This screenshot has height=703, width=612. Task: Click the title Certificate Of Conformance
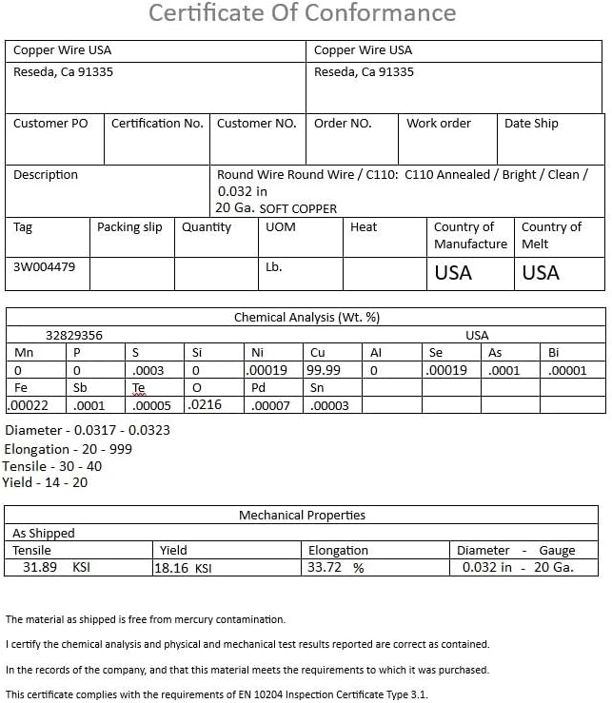coord(303,14)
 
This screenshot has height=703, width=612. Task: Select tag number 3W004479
coord(45,267)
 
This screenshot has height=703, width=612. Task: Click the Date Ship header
coord(531,124)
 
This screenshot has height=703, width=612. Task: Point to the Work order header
coord(439,124)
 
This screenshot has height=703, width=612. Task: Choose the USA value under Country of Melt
coord(541,273)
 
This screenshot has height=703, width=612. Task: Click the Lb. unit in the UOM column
coord(274,267)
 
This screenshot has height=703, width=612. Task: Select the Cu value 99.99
coord(324,370)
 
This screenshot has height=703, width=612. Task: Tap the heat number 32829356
coord(74,335)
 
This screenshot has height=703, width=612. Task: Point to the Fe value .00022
coord(30,405)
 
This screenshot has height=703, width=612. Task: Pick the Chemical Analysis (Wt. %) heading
coord(306,318)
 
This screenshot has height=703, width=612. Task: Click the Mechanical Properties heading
coord(302,516)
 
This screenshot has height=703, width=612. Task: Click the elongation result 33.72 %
coord(336,568)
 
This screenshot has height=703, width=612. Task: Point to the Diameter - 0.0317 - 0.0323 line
coord(88,431)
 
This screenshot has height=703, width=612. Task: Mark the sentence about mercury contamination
coord(146,619)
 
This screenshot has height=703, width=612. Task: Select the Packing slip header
coord(129,227)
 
